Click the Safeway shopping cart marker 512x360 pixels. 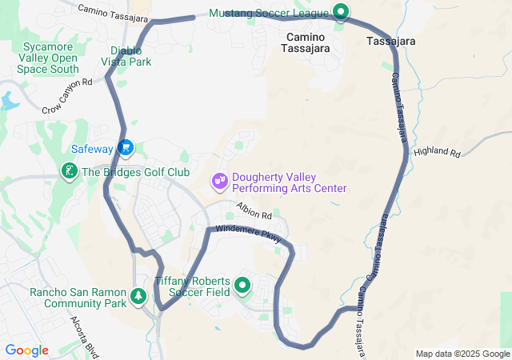126,147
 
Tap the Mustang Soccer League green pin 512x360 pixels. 341,13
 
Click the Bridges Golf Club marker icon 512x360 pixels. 70,171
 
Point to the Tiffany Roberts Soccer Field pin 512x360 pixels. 242,286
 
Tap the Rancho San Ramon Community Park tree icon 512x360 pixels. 139,298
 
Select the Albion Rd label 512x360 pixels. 254,210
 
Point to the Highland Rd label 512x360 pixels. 437,152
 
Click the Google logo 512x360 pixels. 26,350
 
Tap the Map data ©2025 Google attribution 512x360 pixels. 462,354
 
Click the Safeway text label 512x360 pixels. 93,148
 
